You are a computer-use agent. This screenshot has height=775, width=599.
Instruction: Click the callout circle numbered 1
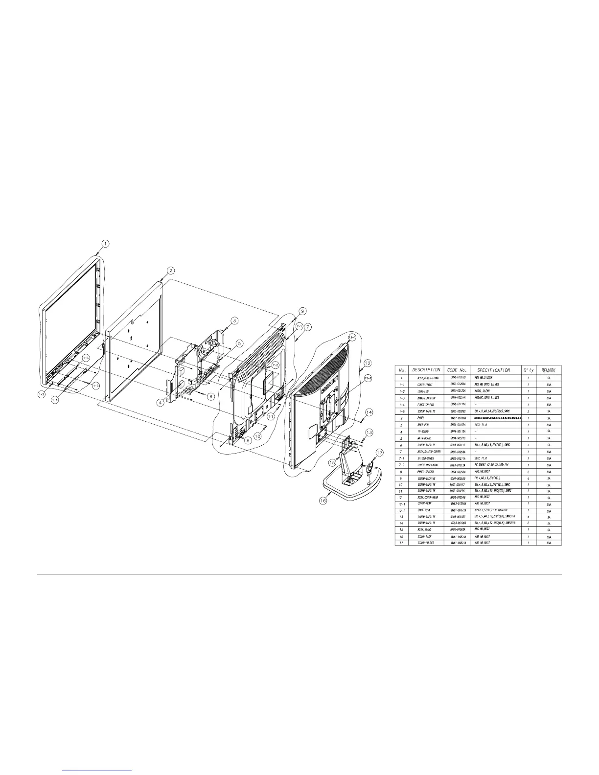(x=106, y=243)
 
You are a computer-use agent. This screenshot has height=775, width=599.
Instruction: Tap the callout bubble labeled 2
(x=170, y=271)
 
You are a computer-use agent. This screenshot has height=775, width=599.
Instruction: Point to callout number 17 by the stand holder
(x=379, y=452)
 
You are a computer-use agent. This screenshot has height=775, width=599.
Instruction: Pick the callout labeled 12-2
(x=368, y=378)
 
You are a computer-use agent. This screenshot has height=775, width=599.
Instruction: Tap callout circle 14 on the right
(x=369, y=399)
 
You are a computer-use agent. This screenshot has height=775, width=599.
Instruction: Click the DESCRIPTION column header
(x=426, y=370)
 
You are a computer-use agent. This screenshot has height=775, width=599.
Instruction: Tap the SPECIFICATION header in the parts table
(x=494, y=370)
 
